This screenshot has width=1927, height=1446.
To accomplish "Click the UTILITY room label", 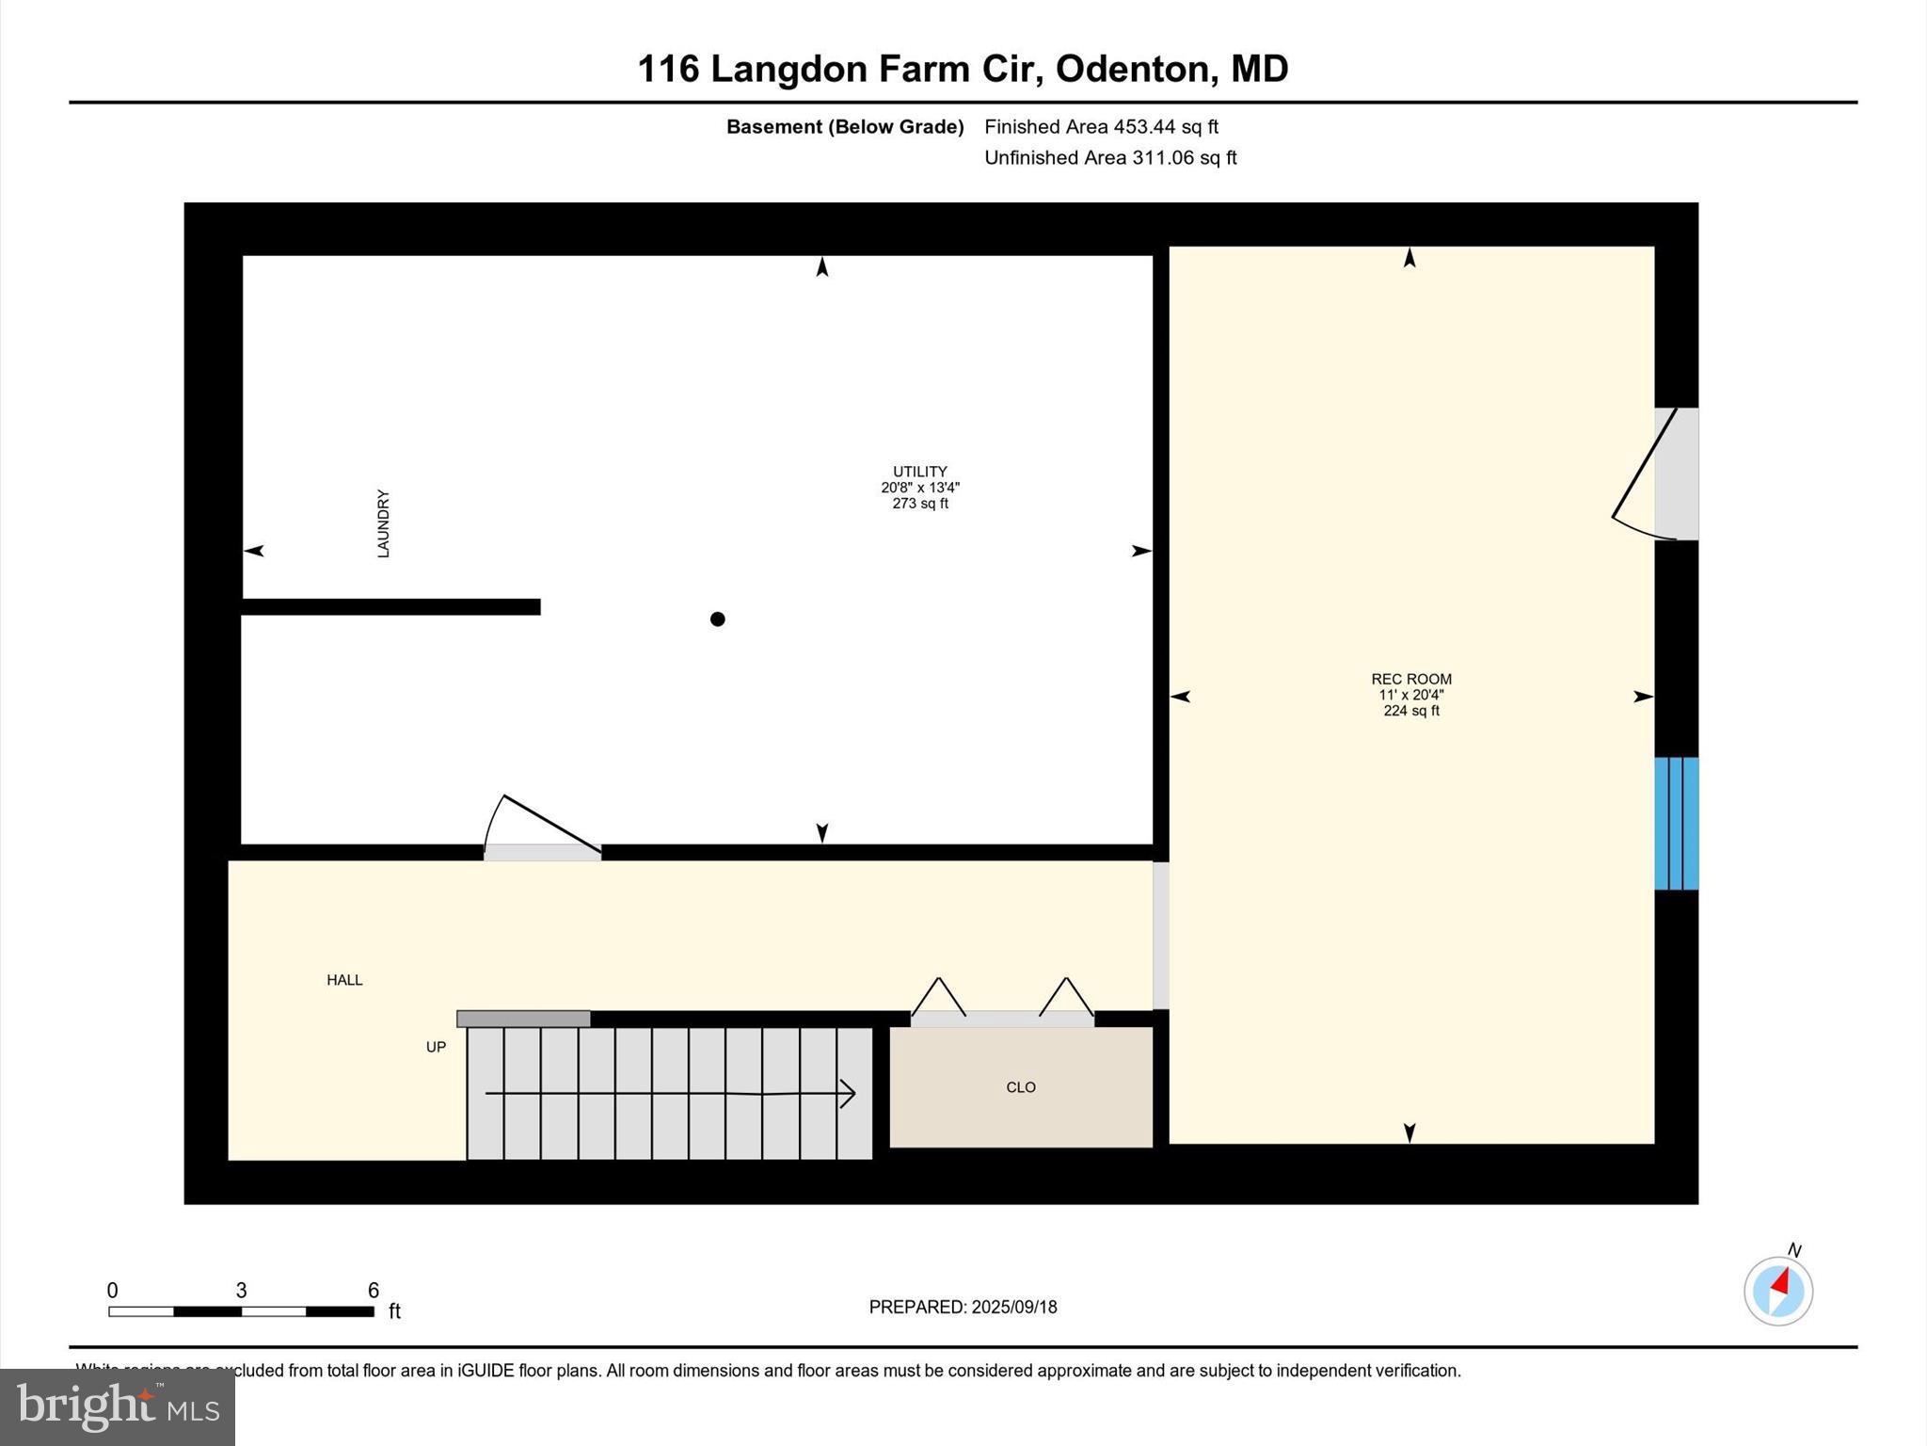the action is [x=920, y=472].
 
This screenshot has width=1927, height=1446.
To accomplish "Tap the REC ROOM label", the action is [x=1411, y=679].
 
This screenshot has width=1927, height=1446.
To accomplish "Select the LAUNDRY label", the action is [x=383, y=523].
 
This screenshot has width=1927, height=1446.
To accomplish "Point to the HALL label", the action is [x=344, y=980].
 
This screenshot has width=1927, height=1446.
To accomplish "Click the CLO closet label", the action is [x=1021, y=1087].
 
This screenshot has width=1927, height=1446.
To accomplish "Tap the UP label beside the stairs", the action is [x=436, y=1047].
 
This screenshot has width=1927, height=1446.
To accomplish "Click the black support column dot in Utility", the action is [x=718, y=619].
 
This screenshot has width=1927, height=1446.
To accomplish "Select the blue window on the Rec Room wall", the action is [x=1677, y=824].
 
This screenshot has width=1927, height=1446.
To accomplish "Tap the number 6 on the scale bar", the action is [x=374, y=1291].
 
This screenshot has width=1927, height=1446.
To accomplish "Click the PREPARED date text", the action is [x=963, y=1307].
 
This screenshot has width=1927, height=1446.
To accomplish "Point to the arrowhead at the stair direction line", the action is [x=847, y=1094].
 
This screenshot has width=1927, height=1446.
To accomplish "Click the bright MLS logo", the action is [x=118, y=1406].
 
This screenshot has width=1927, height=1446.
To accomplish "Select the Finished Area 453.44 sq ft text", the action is [x=1101, y=126].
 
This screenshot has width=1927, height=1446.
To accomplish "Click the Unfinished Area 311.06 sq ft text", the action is [x=1110, y=157].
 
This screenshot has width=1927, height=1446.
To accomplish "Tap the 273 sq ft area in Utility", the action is [x=920, y=504].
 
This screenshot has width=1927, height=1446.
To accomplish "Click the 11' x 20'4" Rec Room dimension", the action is [x=1411, y=695].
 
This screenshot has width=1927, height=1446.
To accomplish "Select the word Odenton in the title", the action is [x=1132, y=69].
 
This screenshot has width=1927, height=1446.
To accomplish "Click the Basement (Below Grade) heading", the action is [x=845, y=127].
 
